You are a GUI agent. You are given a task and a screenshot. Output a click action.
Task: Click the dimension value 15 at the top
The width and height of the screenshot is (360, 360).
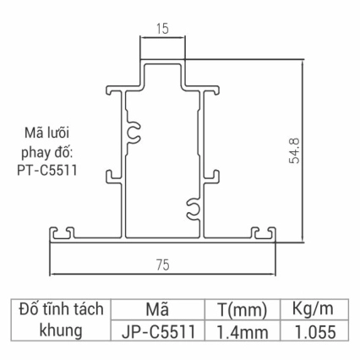point(161,29)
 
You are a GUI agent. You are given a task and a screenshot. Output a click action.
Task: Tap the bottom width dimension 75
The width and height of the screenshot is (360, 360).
point(162,265)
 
